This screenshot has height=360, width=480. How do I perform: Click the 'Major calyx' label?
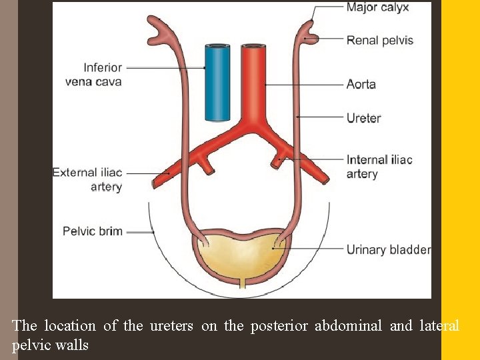click(x=377, y=8)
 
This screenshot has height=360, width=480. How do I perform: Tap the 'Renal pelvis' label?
click(x=379, y=40)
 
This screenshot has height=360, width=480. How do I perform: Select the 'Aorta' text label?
click(x=361, y=85)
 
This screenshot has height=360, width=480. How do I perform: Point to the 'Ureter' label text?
click(x=363, y=119)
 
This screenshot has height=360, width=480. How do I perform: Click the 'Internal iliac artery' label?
click(x=379, y=167)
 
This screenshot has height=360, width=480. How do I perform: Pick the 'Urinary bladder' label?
click(x=388, y=250)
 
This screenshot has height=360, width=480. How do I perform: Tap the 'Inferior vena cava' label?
click(x=103, y=75)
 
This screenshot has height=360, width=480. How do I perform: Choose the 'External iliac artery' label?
click(x=87, y=179)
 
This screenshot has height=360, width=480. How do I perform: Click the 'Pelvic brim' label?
click(x=93, y=231)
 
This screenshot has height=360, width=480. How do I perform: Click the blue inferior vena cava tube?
click(x=217, y=83)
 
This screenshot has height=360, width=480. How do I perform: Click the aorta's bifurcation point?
click(x=252, y=127)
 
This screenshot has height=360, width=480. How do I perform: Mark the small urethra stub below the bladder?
click(x=242, y=284)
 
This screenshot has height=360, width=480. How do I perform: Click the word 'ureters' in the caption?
click(x=169, y=326)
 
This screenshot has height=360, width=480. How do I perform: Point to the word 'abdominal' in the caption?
click(x=348, y=326)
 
